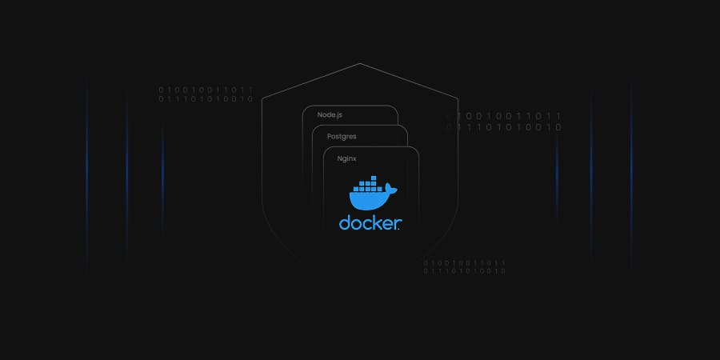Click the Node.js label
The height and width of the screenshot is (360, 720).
[330, 114]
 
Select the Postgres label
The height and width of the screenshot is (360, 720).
[342, 137]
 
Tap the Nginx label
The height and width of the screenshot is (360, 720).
[346, 158]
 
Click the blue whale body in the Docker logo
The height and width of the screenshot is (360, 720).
[367, 200]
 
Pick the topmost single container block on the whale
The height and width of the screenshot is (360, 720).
[374, 178]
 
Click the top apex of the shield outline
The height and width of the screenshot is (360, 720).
[360, 63]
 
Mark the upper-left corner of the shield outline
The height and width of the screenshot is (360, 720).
[262, 98]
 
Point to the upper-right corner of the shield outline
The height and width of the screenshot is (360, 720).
[458, 98]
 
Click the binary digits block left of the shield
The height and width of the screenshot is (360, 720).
[206, 94]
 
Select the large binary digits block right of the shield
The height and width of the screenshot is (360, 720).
[504, 122]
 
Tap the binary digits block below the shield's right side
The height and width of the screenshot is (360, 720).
[464, 266]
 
